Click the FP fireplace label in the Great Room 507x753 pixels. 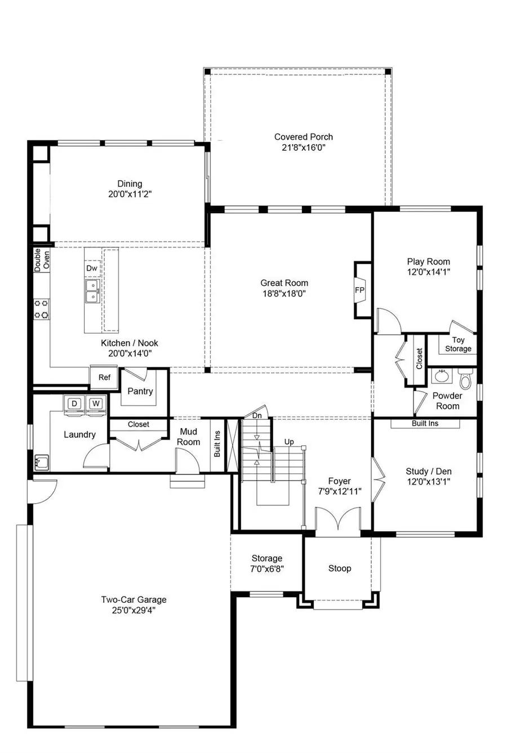click(x=359, y=290)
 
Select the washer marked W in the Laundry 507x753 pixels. click(x=96, y=404)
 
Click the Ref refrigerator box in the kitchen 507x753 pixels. click(x=104, y=378)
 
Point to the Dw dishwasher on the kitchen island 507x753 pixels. click(x=92, y=268)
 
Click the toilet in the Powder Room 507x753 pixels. click(x=465, y=380)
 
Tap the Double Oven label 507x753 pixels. click(x=42, y=260)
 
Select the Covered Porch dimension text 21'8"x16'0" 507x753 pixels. click(x=303, y=147)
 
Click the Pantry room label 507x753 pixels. click(x=140, y=391)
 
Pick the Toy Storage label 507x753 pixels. click(x=458, y=344)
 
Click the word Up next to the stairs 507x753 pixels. click(x=289, y=442)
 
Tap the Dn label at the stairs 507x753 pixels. click(x=257, y=416)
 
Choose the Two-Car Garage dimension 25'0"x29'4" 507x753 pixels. click(x=134, y=610)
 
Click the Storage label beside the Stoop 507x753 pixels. click(x=266, y=558)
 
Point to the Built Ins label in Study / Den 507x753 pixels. click(x=425, y=423)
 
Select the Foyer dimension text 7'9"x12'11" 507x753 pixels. click(x=339, y=491)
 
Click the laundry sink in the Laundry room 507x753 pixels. click(x=41, y=463)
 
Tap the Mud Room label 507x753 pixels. click(x=188, y=437)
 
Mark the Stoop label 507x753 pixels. click(x=340, y=568)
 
